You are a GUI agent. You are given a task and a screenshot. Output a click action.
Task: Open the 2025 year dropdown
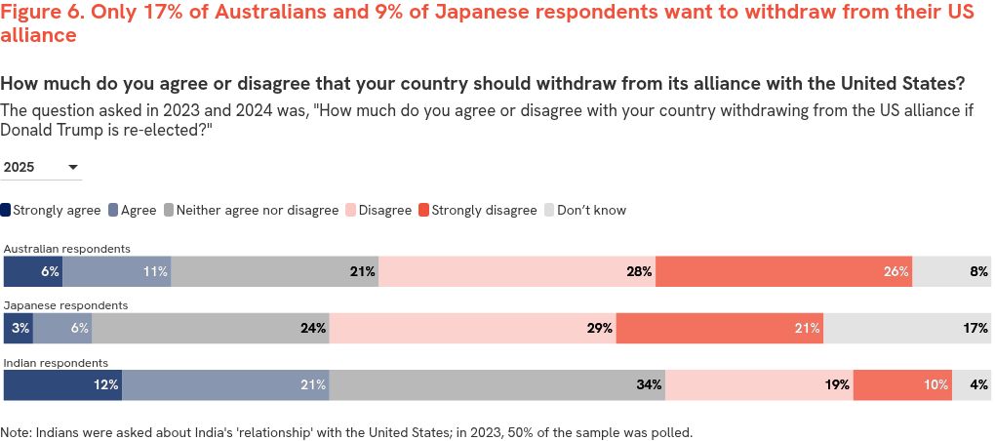tap(42, 168)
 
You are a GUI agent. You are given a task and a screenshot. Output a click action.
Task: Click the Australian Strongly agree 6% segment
tap(33, 272)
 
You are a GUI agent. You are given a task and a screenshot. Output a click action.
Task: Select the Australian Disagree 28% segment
tap(517, 272)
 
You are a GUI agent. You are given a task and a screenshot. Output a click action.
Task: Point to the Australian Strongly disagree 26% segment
tap(783, 272)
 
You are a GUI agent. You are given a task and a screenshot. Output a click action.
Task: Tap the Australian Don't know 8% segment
tap(951, 272)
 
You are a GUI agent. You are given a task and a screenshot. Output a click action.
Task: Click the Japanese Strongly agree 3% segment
tap(19, 329)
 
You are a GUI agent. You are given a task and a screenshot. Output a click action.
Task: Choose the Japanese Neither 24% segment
tap(211, 329)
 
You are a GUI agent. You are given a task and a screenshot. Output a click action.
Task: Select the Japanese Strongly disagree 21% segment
tap(720, 329)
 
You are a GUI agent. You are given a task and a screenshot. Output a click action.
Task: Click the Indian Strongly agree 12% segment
tap(62, 385)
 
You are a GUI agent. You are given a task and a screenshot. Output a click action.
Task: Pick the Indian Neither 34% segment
tap(497, 385)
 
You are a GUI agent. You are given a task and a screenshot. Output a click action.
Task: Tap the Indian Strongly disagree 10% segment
tap(902, 385)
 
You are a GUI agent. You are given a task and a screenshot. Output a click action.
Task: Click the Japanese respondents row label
tap(66, 305)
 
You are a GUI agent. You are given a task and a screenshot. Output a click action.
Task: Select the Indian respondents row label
tap(56, 363)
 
